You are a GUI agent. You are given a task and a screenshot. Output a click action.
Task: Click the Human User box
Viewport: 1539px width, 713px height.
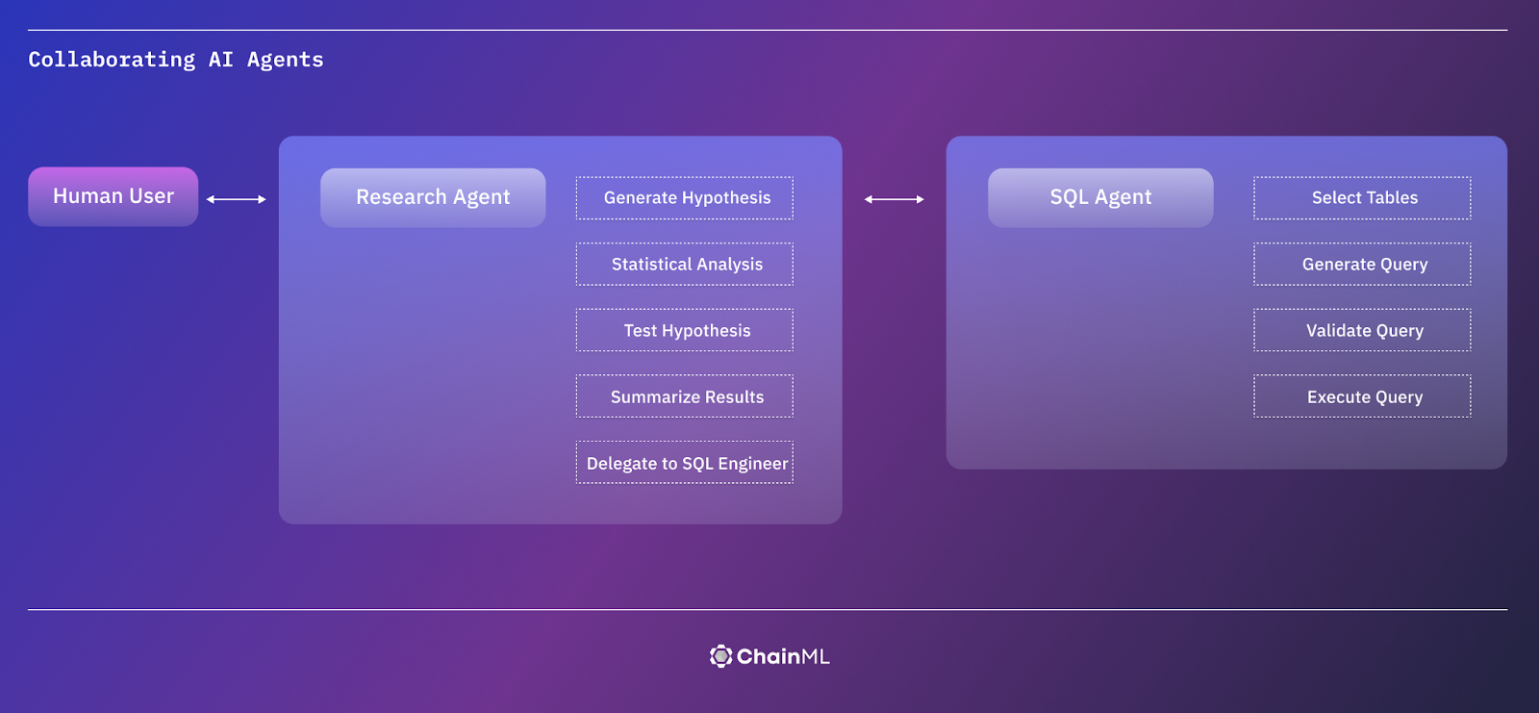[x=114, y=196]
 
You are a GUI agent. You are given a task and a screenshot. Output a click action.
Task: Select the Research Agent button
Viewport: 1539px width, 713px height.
[x=433, y=197]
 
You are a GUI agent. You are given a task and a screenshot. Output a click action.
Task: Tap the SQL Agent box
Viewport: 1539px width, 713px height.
[x=1100, y=197]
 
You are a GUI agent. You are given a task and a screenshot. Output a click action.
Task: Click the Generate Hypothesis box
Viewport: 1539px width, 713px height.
[x=685, y=198]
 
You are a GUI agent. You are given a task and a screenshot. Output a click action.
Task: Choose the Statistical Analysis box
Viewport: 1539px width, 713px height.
[x=685, y=265]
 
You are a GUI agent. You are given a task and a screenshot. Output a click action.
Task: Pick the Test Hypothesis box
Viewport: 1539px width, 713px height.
[x=685, y=331]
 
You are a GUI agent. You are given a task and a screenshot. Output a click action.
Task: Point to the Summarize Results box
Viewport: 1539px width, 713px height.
[x=685, y=397]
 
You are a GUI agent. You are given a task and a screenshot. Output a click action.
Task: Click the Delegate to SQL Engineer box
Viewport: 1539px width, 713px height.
[x=685, y=463]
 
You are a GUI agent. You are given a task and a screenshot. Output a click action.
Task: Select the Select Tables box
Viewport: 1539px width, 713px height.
[x=1362, y=198]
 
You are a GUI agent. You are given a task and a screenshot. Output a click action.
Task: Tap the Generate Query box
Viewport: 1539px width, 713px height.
[x=1362, y=265]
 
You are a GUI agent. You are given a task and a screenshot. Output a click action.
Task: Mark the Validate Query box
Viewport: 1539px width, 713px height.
[x=1362, y=331]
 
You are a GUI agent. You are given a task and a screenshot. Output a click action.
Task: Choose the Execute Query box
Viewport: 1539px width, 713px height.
[x=1362, y=397]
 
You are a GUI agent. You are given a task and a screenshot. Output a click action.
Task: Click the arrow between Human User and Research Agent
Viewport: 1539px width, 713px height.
[x=237, y=199]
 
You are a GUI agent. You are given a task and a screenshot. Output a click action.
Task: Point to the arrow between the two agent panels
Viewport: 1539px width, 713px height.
[x=895, y=199]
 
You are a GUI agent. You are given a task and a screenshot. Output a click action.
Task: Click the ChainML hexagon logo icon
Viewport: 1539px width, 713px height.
[x=720, y=656]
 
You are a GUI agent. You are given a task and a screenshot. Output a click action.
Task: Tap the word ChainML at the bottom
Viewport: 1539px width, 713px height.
[x=783, y=656]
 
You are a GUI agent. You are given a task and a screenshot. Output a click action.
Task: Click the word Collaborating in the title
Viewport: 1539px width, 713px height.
[x=112, y=60]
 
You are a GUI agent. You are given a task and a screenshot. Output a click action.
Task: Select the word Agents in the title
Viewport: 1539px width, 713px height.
[x=285, y=60]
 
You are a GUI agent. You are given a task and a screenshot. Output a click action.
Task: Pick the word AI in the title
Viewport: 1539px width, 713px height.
[x=220, y=60]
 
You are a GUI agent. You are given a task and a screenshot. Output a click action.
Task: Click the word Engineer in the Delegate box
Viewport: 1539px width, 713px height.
[x=753, y=464]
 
